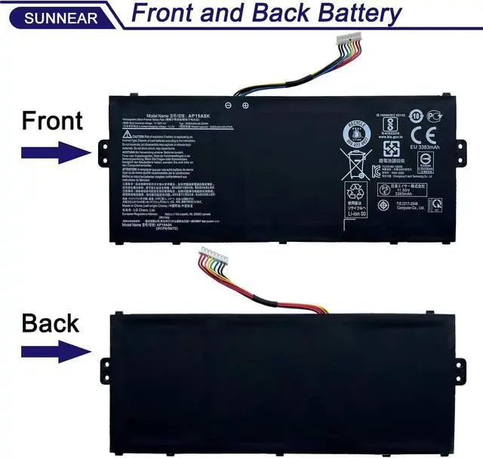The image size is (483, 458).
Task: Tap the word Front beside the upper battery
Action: (x=51, y=120)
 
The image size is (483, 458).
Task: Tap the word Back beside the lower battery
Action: (x=50, y=323)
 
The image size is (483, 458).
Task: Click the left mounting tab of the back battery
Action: (x=106, y=366)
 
